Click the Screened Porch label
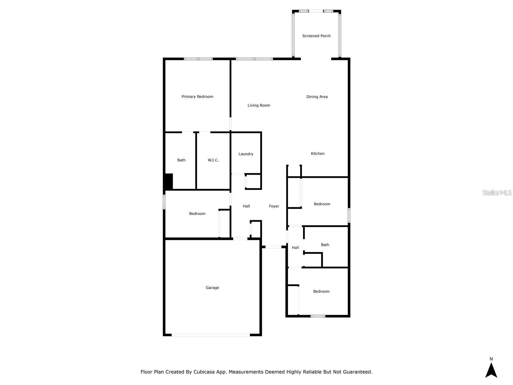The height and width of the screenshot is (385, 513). click(316, 36)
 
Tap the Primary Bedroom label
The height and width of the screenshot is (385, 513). click(197, 97)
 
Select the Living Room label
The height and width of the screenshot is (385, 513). click(259, 105)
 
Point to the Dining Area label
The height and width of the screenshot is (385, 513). click(317, 97)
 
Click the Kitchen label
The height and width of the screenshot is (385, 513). click(317, 154)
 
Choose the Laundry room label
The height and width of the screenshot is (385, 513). click(246, 154)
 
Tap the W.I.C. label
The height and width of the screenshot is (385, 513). click(213, 160)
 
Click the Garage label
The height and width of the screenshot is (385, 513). click(212, 288)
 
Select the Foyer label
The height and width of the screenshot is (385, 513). click(274, 206)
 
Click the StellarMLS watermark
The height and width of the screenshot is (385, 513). click(497, 193)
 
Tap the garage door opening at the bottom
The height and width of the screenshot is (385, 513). click(211, 335)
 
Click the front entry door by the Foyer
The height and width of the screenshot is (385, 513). click(273, 247)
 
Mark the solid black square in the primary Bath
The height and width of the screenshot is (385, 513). click(169, 182)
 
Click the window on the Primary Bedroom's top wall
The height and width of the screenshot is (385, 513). click(198, 59)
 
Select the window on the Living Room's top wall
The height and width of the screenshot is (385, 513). click(254, 59)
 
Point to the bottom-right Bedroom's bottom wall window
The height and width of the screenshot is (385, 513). click(318, 316)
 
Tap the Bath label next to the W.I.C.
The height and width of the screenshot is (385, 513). click(181, 160)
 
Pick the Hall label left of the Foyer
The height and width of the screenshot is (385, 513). click(246, 206)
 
